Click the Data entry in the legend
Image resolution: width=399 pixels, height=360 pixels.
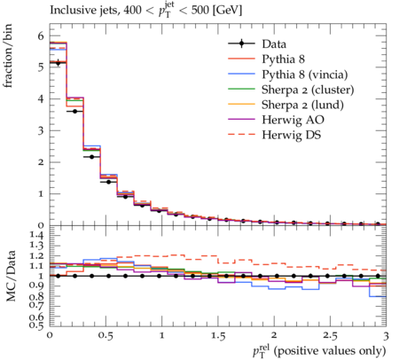(x=274, y=44)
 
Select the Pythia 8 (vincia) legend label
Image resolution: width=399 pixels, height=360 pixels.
(x=305, y=74)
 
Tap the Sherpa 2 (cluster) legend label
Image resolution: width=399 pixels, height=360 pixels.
(x=308, y=90)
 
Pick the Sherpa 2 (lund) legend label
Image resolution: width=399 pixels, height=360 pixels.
(x=302, y=105)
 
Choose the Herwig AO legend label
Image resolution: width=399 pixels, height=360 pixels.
(x=293, y=120)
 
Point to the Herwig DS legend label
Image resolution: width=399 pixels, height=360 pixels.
(x=292, y=135)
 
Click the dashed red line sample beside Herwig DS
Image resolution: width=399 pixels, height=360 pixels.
(x=241, y=135)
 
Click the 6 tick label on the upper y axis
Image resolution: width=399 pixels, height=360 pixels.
(x=41, y=36)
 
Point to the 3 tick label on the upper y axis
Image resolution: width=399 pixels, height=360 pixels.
(x=41, y=130)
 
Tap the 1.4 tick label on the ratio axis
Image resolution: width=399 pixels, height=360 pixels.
(x=36, y=235)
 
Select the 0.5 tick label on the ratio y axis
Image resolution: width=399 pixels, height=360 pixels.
(x=36, y=325)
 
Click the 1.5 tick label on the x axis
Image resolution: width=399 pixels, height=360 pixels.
(x=218, y=336)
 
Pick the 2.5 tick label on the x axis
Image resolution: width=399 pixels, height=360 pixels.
(x=330, y=336)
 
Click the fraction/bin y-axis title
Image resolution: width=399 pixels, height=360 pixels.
(x=8, y=56)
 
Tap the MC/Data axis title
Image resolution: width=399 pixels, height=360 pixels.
(x=11, y=276)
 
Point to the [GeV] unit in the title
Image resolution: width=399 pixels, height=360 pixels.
(x=227, y=11)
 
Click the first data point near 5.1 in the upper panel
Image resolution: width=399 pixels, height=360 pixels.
(x=58, y=63)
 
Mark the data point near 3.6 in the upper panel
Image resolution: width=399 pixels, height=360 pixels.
(x=74, y=111)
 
